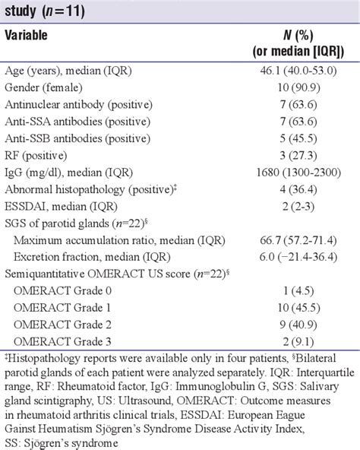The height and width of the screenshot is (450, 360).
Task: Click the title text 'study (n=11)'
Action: pos(46,10)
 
